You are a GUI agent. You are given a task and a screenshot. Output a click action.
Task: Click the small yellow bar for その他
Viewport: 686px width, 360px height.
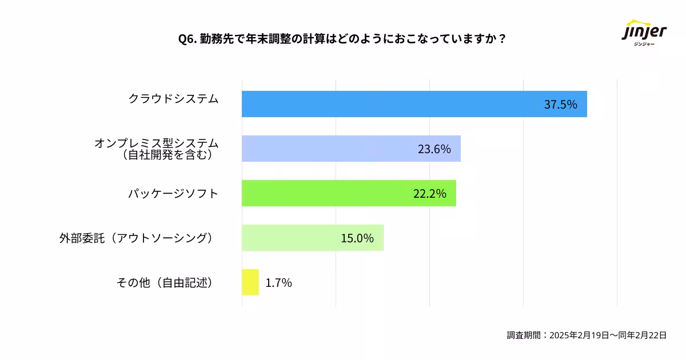click(x=250, y=282)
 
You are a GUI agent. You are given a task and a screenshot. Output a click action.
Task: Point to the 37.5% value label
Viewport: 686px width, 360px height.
click(x=560, y=105)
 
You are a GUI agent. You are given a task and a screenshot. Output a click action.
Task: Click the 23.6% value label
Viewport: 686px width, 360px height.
click(x=434, y=149)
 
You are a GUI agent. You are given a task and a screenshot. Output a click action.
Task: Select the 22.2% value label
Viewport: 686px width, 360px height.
click(x=429, y=194)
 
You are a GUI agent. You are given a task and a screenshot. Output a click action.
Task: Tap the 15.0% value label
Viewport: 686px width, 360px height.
click(x=357, y=238)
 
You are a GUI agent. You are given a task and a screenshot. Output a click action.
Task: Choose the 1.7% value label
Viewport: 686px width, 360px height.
click(x=279, y=283)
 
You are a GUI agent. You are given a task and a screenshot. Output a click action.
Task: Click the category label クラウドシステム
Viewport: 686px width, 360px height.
click(x=173, y=99)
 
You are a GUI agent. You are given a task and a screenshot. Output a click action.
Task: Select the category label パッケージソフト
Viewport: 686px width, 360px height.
click(x=173, y=193)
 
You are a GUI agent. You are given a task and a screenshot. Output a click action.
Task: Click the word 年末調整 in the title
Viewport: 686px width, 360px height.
click(x=265, y=39)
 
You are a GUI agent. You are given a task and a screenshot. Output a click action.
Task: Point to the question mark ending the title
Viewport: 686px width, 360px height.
click(x=502, y=39)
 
